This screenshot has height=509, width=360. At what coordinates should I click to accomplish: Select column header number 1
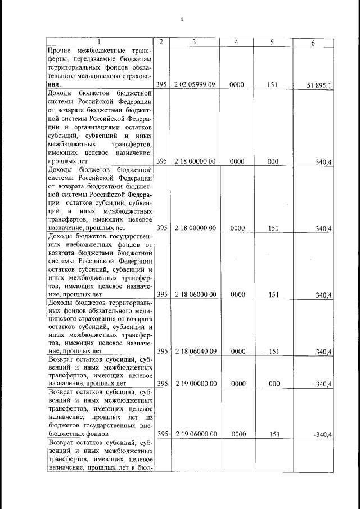tap(100, 42)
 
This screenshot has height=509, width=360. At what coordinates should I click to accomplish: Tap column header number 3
tap(194, 42)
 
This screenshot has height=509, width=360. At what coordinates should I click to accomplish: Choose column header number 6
tap(313, 43)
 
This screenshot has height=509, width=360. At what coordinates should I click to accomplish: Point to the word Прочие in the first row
tap(60, 49)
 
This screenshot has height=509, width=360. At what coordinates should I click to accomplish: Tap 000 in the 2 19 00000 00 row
tap(273, 384)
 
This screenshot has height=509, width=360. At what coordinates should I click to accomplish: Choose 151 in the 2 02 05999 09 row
tap(273, 84)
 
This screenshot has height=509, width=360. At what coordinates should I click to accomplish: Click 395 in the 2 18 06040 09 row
tap(162, 352)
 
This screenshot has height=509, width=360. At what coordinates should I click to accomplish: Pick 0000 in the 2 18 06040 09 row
tap(236, 352)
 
